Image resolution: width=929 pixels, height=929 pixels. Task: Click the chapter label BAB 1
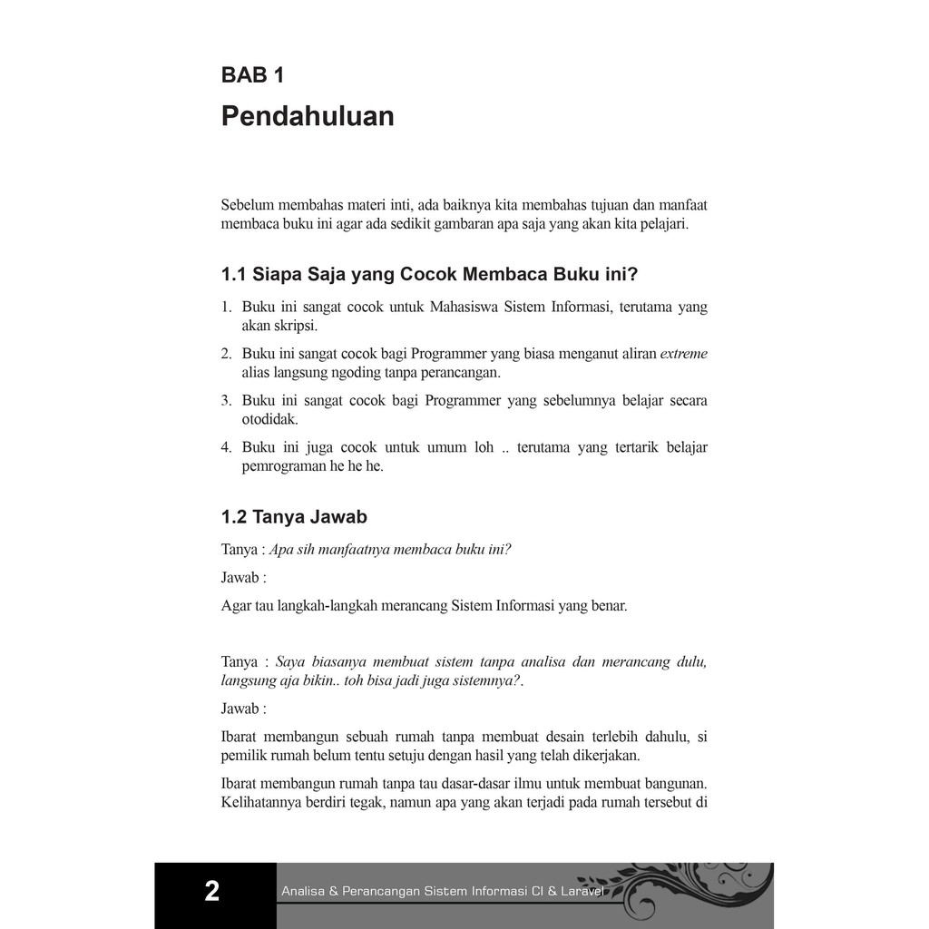click(x=252, y=75)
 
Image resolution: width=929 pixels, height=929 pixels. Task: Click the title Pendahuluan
click(x=308, y=117)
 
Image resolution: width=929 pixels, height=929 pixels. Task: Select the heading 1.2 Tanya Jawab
click(x=294, y=517)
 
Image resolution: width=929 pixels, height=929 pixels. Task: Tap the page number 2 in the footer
click(x=212, y=891)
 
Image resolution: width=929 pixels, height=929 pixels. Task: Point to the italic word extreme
click(x=683, y=353)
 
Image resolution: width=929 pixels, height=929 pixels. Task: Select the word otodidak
click(x=269, y=419)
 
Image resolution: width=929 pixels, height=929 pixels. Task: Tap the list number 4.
click(x=226, y=447)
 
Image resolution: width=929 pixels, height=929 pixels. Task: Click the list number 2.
click(x=226, y=354)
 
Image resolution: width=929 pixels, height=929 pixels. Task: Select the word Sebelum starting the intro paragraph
click(x=248, y=204)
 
